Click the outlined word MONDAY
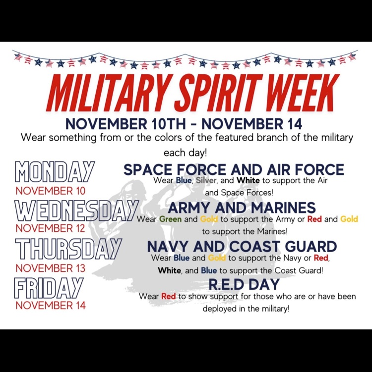[x=55, y=173]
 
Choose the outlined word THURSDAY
[x=68, y=250]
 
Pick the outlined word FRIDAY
[x=49, y=288]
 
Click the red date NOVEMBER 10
[x=50, y=191]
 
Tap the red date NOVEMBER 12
[x=50, y=228]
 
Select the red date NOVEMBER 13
[x=50, y=268]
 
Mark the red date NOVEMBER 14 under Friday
[x=50, y=305]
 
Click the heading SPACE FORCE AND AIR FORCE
[x=234, y=169]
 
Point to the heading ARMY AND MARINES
[x=242, y=208]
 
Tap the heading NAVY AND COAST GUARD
[x=242, y=246]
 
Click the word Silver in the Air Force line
[x=206, y=180]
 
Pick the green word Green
[x=171, y=219]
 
